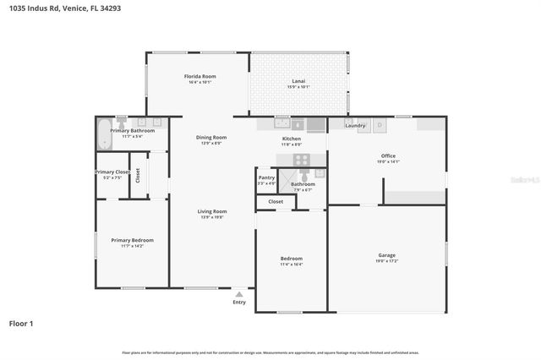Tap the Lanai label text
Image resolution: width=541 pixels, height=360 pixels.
coord(299,80)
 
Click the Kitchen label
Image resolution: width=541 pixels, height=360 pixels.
coord(291,139)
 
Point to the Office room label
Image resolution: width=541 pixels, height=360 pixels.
coord(388,155)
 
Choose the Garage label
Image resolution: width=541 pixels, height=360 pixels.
coord(387,254)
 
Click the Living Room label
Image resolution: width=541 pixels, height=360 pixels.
coord(212,211)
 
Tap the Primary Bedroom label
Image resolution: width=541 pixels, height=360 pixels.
coord(132,240)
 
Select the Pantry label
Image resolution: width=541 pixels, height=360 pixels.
coord(266,177)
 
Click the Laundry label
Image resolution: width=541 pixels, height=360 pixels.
coord(356,126)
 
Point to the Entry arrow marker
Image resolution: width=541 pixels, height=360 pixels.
coord(239,294)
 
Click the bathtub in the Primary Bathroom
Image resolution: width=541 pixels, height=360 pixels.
coord(104,133)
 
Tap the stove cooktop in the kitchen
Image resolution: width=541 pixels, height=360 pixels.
coord(301,159)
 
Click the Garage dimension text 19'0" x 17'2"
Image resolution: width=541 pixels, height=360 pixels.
coord(387,260)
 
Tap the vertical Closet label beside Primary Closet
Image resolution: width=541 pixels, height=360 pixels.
coord(138,176)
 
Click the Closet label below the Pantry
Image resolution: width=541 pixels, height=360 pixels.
coord(276,202)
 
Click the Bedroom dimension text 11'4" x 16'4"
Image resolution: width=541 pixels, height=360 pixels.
coord(291,264)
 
